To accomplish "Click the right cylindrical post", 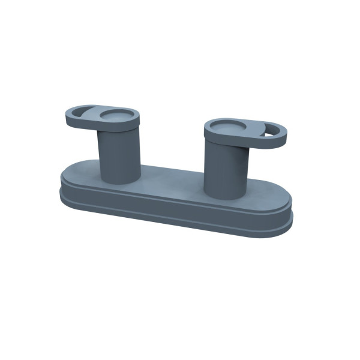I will pos(226,168).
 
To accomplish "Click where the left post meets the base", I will pos(120,181).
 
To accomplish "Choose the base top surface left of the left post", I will pos(84,171).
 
